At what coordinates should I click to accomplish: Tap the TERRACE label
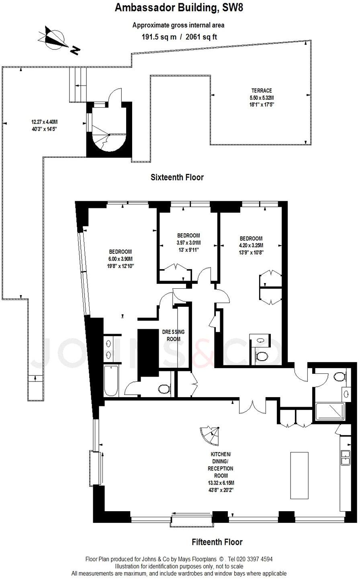click(x=262, y=91)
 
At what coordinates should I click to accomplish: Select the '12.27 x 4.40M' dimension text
click(x=47, y=122)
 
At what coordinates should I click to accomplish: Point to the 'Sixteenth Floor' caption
click(x=177, y=177)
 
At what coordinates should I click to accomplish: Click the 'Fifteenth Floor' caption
click(x=217, y=542)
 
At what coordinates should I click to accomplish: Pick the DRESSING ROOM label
click(x=173, y=335)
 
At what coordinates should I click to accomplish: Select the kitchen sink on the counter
click(x=345, y=458)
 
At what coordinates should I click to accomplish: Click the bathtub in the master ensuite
click(x=111, y=381)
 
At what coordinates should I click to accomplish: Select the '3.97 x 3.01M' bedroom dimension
click(x=188, y=243)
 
